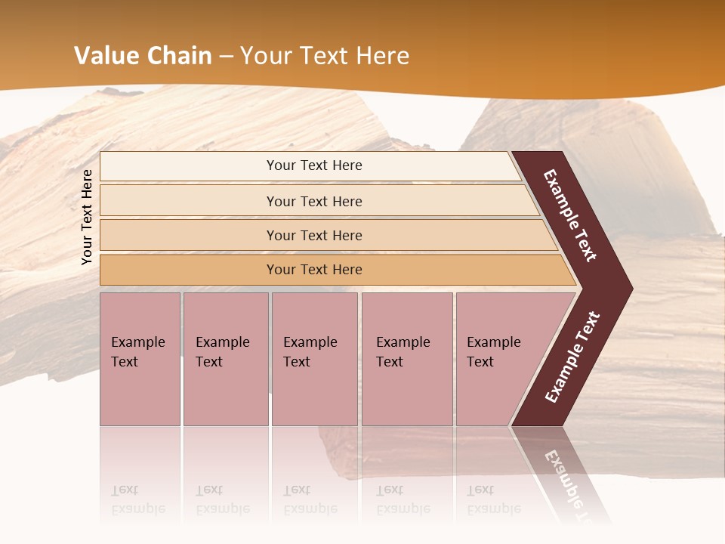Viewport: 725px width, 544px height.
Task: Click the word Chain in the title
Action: (179, 56)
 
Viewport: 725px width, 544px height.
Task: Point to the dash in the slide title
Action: (226, 57)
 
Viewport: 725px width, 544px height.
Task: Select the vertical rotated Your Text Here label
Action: (87, 217)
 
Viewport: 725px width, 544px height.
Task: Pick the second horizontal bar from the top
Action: (314, 201)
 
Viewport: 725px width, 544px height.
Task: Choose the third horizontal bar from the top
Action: (314, 236)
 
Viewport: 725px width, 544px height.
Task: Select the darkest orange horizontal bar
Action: (314, 270)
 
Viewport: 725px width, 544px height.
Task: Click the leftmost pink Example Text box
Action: (140, 359)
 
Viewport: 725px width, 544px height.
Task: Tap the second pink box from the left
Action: (225, 359)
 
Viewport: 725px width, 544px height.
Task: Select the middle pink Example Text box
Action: (314, 359)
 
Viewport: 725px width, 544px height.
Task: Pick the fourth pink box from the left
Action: (407, 359)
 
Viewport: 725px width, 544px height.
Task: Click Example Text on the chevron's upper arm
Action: (570, 215)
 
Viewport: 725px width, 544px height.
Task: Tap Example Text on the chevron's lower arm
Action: (572, 357)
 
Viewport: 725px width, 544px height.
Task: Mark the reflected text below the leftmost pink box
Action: (137, 499)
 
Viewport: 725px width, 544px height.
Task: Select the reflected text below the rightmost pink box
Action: (493, 499)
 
